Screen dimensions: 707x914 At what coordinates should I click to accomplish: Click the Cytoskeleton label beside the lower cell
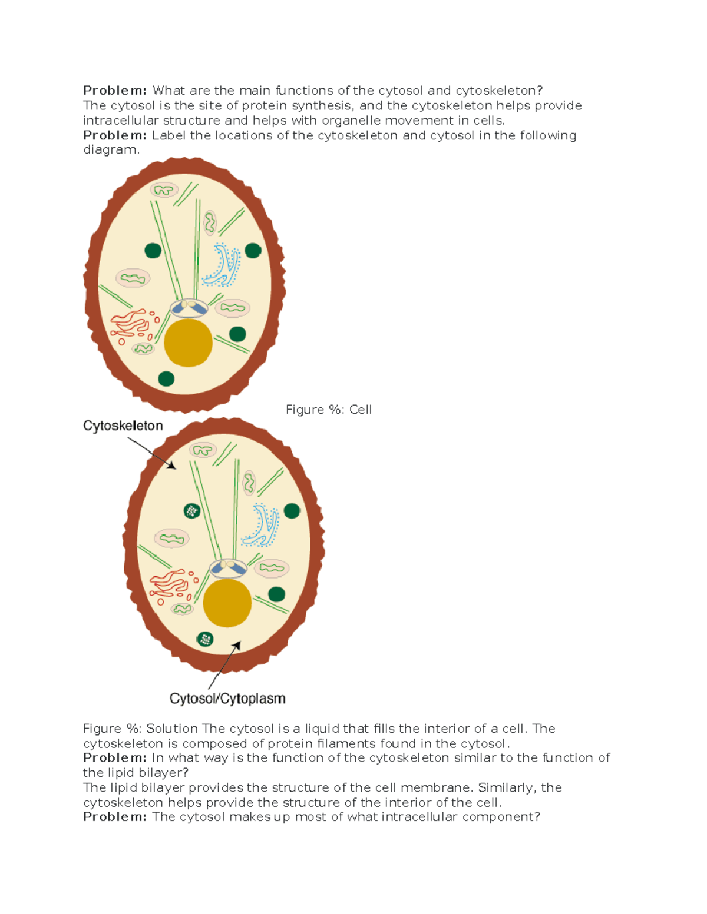point(123,426)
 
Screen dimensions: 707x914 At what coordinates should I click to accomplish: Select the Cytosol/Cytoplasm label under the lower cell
point(227,699)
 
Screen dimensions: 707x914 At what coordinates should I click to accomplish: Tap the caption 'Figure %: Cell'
point(329,410)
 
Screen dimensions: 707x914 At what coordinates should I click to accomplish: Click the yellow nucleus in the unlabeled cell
point(188,343)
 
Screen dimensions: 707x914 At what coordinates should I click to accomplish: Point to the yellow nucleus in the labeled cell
point(227,603)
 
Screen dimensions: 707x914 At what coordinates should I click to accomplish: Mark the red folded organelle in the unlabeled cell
point(131,324)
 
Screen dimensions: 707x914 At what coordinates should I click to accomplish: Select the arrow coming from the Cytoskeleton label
point(152,453)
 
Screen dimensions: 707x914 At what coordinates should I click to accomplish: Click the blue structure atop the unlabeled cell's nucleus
point(189,308)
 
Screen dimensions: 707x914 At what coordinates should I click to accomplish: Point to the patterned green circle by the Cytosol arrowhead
point(205,639)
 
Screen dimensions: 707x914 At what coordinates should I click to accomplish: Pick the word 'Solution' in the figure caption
point(172,729)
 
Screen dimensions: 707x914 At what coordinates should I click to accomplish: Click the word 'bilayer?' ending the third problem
point(164,773)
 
